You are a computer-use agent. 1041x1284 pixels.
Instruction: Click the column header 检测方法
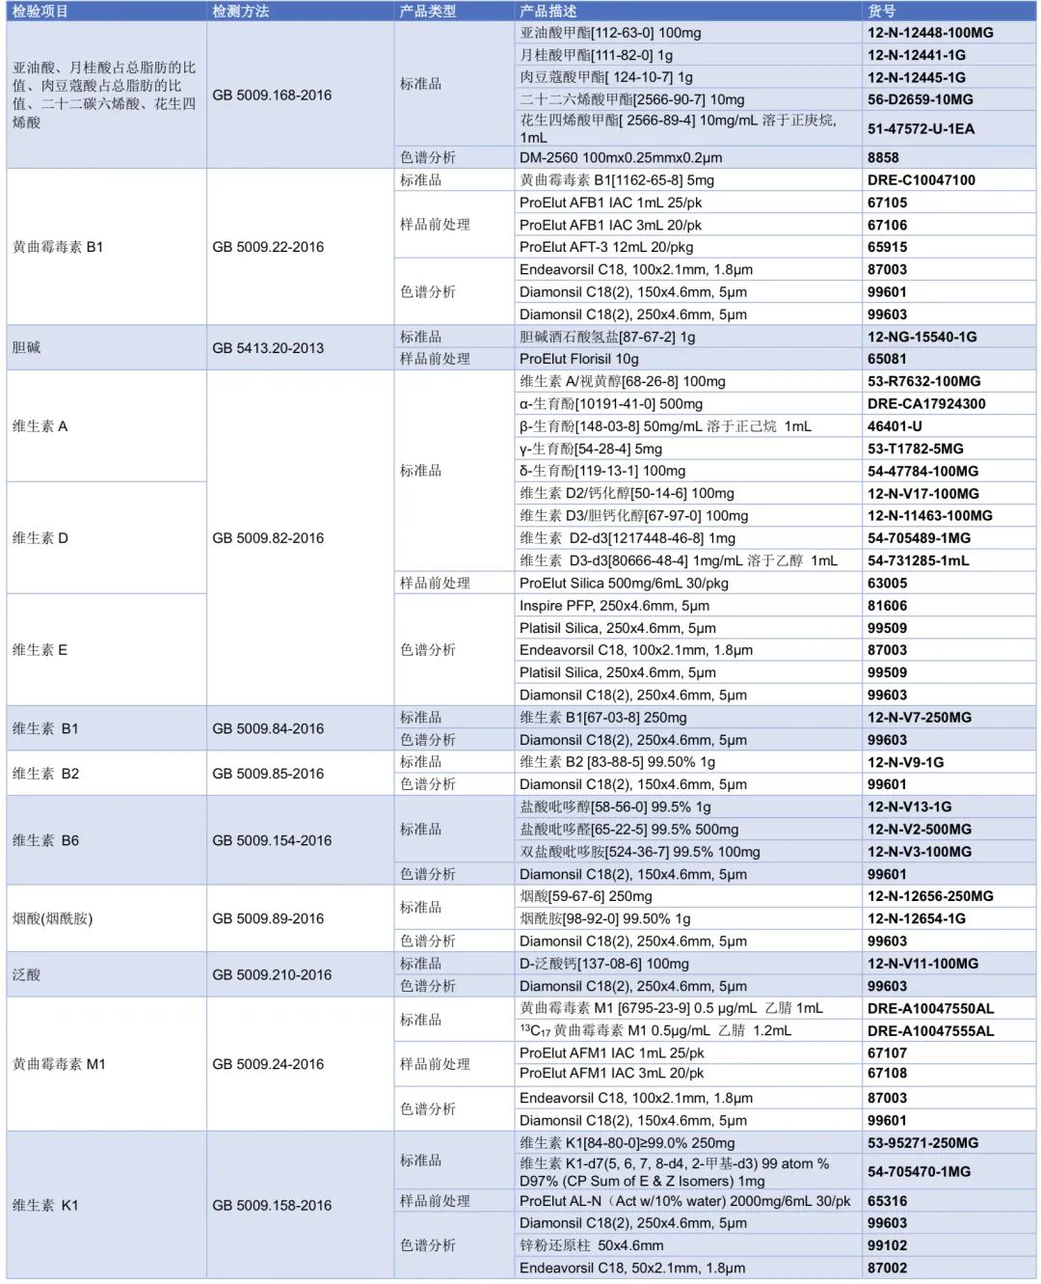pos(241,11)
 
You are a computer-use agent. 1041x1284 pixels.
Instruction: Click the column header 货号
pos(881,11)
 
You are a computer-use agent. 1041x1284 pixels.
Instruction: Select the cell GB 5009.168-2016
pos(272,95)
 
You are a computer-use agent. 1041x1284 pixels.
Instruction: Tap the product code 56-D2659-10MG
pos(920,99)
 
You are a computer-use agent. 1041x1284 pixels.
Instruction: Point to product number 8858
pos(883,157)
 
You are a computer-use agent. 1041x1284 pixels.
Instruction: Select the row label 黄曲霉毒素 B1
pos(58,247)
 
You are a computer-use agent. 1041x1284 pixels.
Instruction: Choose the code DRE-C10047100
pos(921,180)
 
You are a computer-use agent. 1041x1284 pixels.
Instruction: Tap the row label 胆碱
pos(27,347)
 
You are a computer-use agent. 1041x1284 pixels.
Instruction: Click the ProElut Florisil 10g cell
pos(578,359)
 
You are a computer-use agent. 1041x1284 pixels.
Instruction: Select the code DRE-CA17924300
pos(925,404)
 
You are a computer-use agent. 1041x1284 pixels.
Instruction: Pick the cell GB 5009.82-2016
pos(268,538)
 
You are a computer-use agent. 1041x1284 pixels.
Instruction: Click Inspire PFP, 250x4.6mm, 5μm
pos(614,606)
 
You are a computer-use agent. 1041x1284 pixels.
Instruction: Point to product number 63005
pos(887,584)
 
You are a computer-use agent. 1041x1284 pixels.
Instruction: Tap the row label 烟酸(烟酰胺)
pos(53,918)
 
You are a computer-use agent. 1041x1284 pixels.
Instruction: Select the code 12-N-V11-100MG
pos(922,964)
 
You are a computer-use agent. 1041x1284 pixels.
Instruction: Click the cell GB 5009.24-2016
pos(268,1064)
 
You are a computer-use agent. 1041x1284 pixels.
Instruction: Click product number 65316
pos(887,1201)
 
